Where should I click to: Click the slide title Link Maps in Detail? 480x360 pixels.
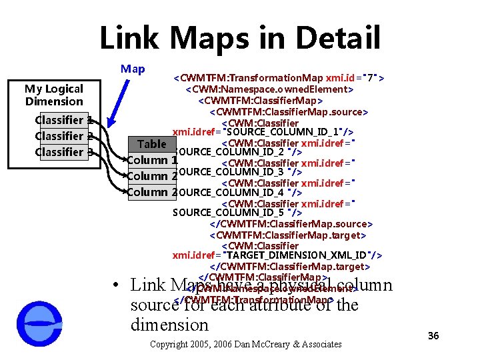240,38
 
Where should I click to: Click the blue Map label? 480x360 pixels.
133,69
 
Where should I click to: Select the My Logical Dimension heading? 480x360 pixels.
54,95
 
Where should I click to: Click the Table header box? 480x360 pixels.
151,144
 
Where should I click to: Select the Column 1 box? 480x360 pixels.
152,160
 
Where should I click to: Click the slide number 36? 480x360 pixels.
433,335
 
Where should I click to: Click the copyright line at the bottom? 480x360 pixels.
246,344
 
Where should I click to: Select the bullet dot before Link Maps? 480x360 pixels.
116,285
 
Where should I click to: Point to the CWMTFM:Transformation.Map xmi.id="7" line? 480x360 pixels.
278,77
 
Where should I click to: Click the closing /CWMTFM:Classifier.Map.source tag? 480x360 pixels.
291,224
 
